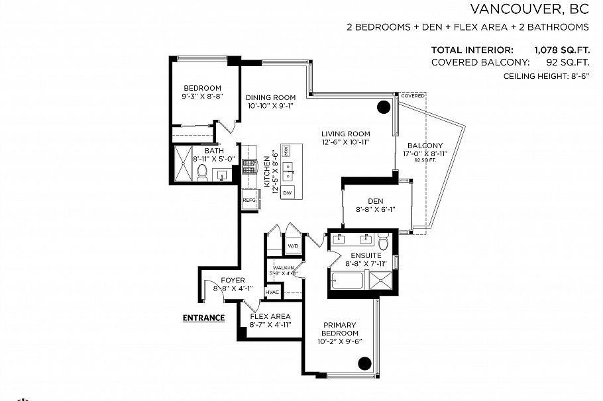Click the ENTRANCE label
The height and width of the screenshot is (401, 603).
point(203,318)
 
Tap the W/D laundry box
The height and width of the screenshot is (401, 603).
point(292,245)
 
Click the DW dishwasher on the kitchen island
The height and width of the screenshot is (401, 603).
point(288,193)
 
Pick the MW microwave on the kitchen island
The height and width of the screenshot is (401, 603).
point(287,151)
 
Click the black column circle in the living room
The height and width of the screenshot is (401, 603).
point(384,107)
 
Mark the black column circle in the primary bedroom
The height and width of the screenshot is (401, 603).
point(364,363)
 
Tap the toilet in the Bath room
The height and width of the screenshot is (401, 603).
point(203,173)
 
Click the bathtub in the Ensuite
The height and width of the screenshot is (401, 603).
point(347,281)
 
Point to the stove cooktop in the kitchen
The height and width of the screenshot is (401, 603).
point(249,167)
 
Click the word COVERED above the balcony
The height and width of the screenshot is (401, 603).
point(412,96)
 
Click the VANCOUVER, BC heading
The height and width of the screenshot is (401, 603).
point(529,9)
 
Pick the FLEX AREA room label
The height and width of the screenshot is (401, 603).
point(270,316)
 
